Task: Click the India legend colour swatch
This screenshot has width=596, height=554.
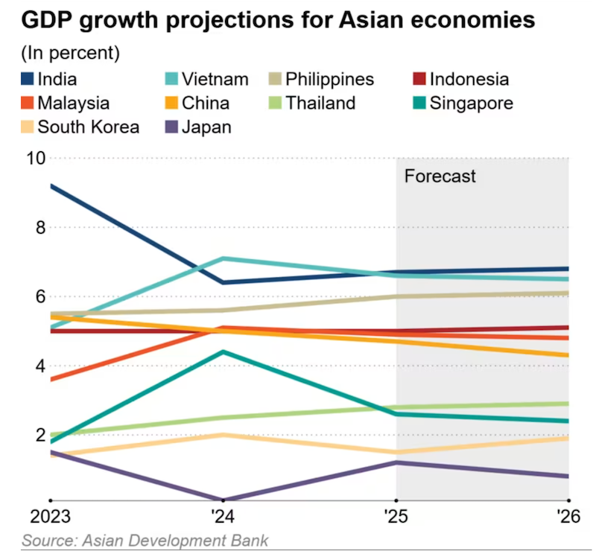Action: coord(27,79)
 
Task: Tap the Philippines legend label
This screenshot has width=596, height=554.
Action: coord(329,79)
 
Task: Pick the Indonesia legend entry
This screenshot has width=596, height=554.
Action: coord(469,79)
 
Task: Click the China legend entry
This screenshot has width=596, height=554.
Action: coord(205,103)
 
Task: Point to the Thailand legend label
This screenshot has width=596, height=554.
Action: coord(321,103)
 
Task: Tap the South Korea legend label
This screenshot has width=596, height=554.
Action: coord(88,127)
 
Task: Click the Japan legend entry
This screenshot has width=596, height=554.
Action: coord(205,127)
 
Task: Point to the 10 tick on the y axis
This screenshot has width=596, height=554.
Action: coord(36,158)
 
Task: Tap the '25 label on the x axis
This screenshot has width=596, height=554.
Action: coord(396,516)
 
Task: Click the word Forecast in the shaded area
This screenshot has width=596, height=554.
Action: coord(440,176)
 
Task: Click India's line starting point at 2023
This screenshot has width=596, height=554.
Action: coord(51,185)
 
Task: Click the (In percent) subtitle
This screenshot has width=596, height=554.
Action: coord(71,53)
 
